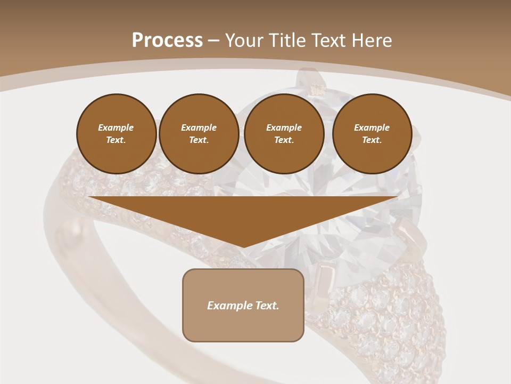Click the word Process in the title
[x=167, y=41]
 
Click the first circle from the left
[x=116, y=134]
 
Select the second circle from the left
[x=199, y=134]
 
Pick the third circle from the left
[x=284, y=134]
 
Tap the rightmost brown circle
[x=372, y=134]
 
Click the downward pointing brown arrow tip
[x=244, y=243]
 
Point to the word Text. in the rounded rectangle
[x=267, y=306]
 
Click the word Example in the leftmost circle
[x=116, y=127]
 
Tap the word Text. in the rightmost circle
[x=372, y=140]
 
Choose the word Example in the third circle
[x=284, y=127]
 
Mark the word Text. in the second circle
[x=199, y=140]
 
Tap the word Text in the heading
[x=326, y=41]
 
